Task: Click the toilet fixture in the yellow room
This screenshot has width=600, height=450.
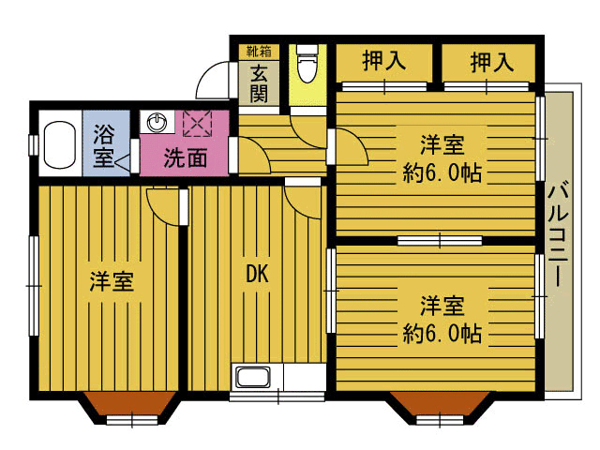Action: pyautogui.click(x=307, y=63)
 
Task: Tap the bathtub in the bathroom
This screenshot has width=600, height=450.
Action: pyautogui.click(x=59, y=144)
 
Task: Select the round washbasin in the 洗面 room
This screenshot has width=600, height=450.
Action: pyautogui.click(x=157, y=123)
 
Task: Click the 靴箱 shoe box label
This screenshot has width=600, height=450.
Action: pyautogui.click(x=259, y=51)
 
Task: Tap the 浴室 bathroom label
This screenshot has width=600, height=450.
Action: pyautogui.click(x=104, y=146)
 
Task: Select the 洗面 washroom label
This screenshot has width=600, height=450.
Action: pyautogui.click(x=186, y=157)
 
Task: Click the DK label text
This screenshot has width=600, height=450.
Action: pyautogui.click(x=257, y=274)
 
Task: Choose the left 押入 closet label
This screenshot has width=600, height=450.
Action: pyautogui.click(x=383, y=61)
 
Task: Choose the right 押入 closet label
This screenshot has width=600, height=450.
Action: pyautogui.click(x=491, y=62)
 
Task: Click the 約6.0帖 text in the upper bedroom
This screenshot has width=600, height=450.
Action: pyautogui.click(x=442, y=172)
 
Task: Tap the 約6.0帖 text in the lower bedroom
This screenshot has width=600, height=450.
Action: pyautogui.click(x=442, y=334)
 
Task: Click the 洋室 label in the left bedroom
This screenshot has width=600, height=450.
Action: pyautogui.click(x=112, y=282)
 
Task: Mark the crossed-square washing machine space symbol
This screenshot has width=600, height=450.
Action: pyautogui.click(x=197, y=123)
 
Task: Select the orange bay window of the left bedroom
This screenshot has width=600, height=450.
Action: pyautogui.click(x=131, y=406)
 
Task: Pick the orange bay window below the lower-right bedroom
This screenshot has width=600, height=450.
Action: pyautogui.click(x=441, y=405)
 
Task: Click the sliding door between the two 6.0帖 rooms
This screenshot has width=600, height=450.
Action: pyautogui.click(x=440, y=241)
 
